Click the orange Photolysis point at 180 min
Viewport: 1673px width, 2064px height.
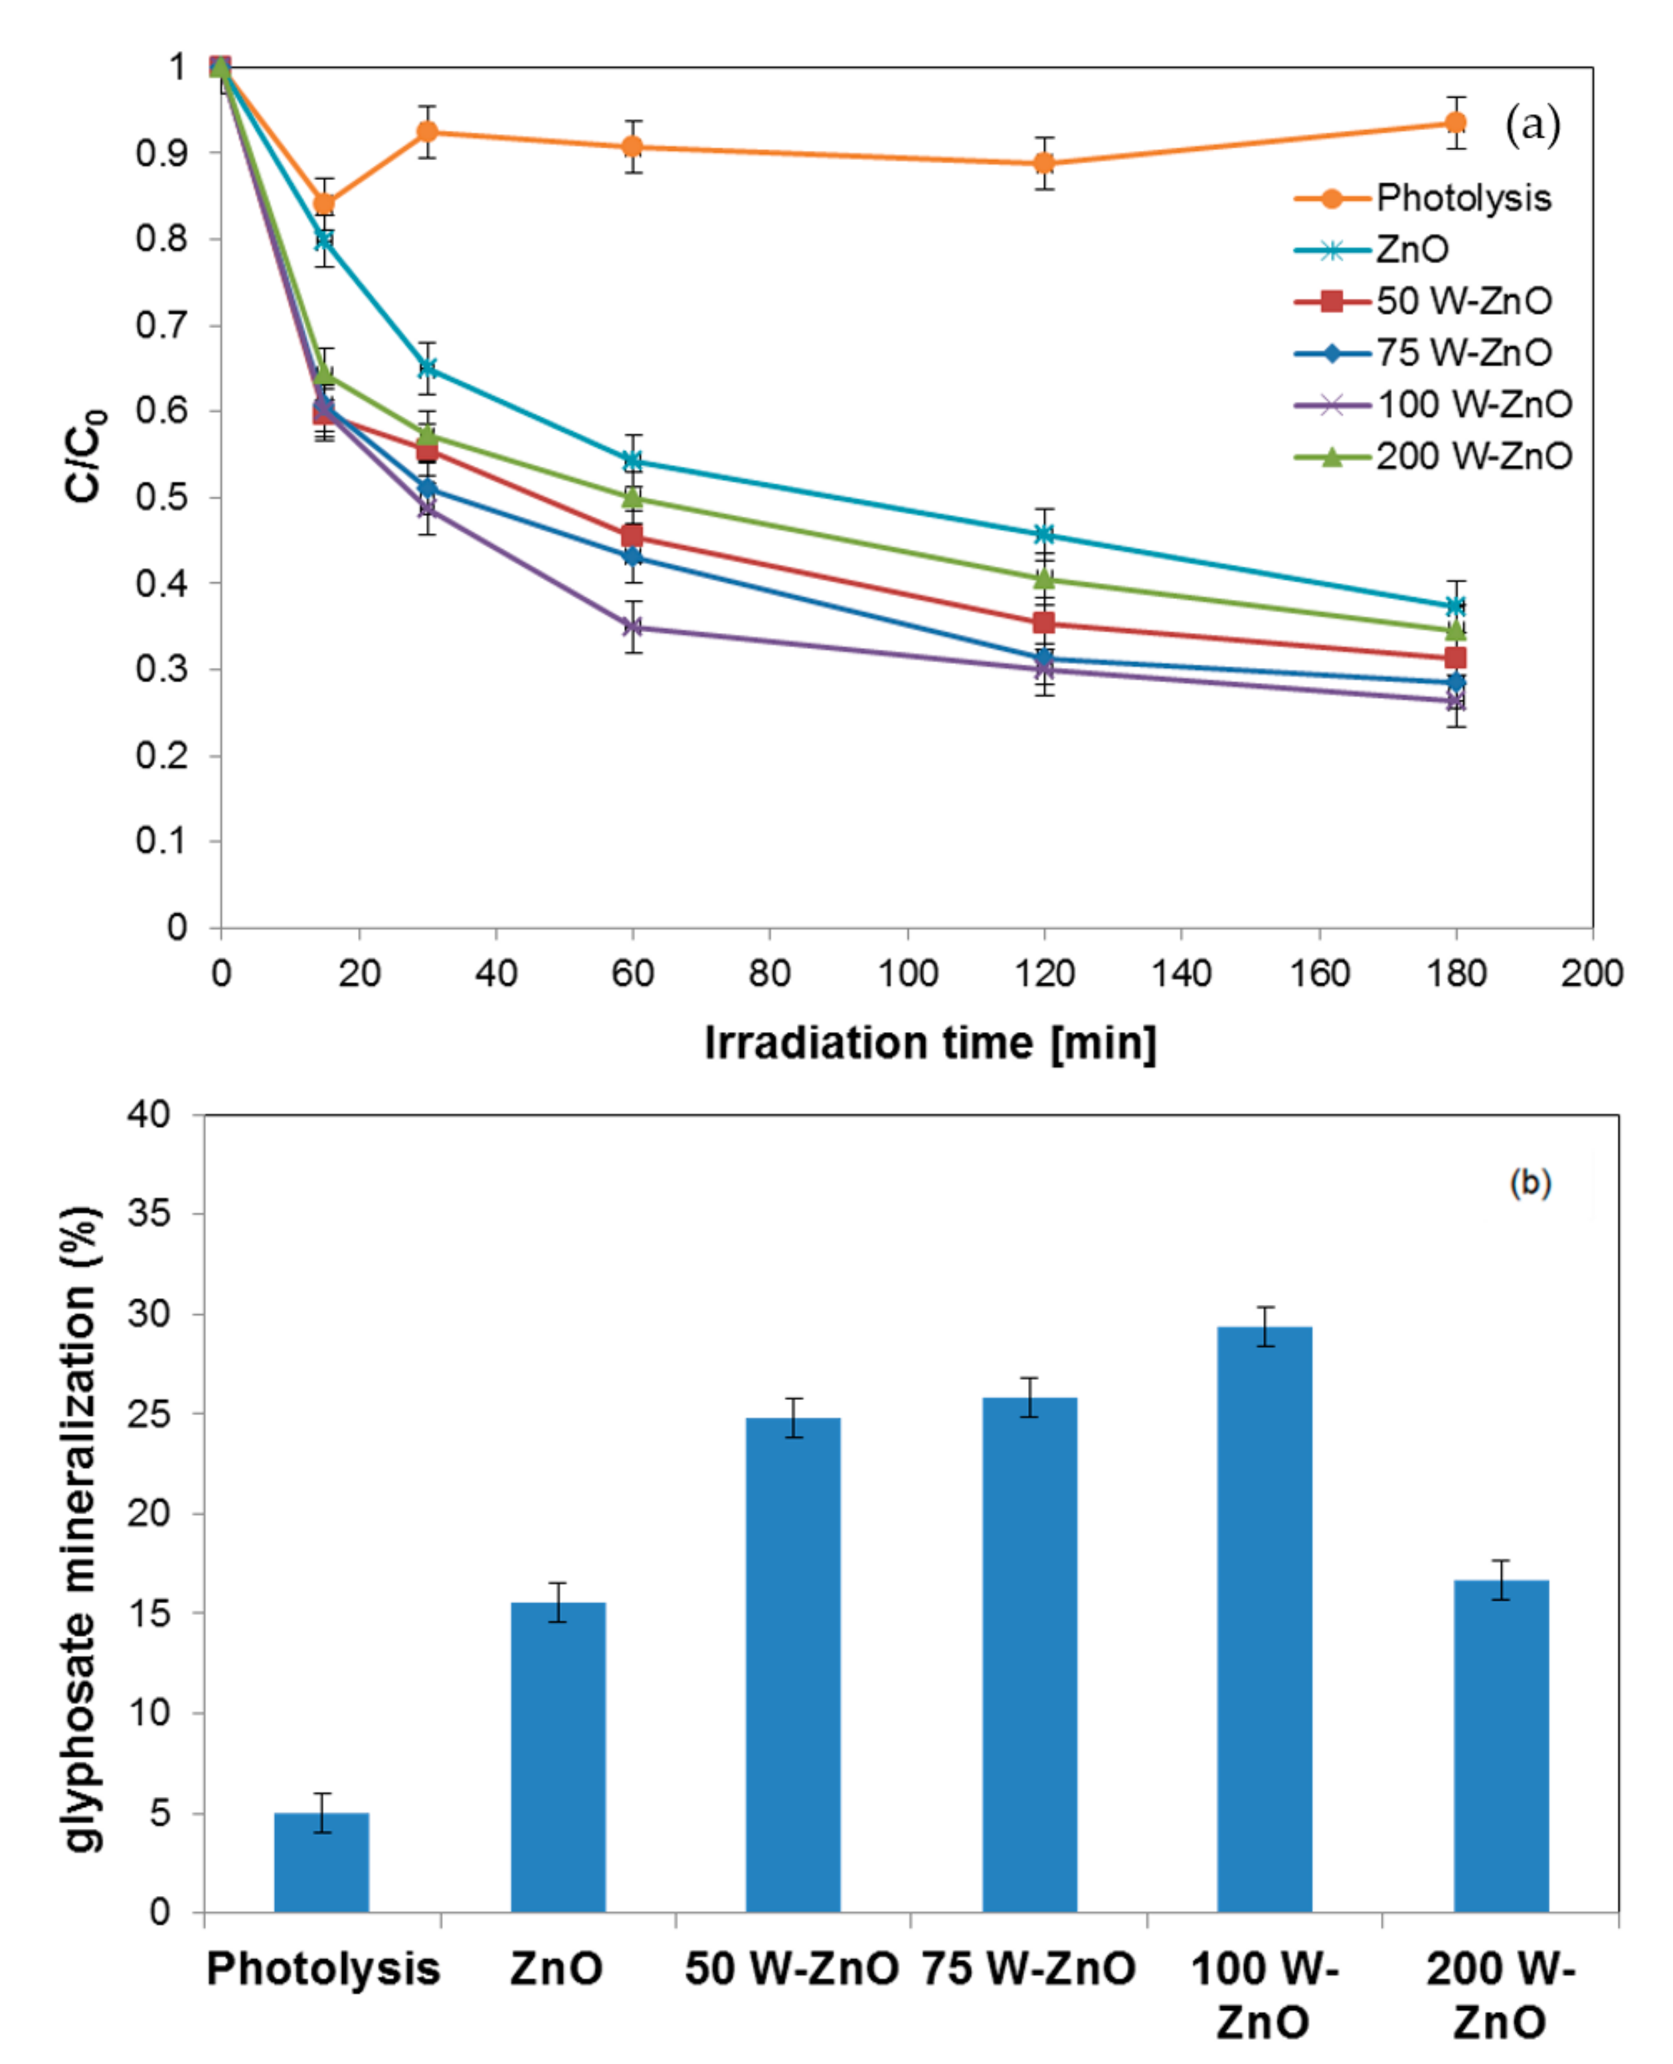tap(1455, 122)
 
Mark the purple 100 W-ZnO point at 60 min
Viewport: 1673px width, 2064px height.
tap(632, 626)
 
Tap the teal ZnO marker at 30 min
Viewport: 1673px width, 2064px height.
tap(427, 367)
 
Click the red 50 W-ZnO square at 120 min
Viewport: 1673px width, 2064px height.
tap(1043, 622)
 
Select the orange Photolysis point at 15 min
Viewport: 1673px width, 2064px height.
tap(324, 203)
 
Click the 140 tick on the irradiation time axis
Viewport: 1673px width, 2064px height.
tap(1181, 973)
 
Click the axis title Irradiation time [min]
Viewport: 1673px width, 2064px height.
tap(930, 1043)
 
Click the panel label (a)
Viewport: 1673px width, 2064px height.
tap(1532, 126)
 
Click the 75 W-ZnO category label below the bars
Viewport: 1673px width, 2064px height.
tap(1028, 1968)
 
